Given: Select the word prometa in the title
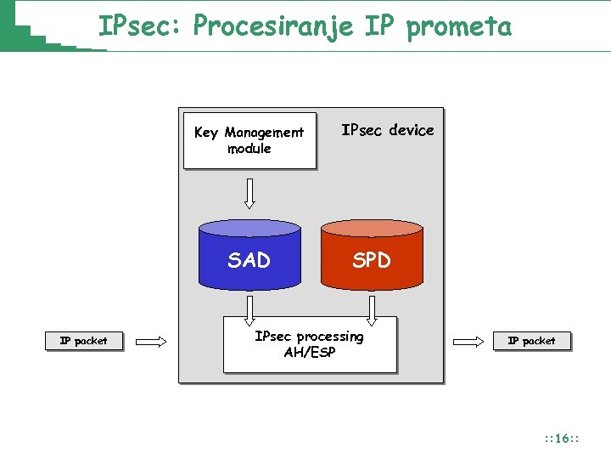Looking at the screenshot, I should [459, 26].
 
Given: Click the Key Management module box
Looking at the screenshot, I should [249, 140].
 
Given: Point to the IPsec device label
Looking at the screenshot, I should [387, 130].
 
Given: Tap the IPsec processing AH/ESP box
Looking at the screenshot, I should [310, 344].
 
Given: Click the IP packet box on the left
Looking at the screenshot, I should [83, 342].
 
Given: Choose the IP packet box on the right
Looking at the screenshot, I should [531, 341].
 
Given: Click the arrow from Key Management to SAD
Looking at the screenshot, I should [249, 193].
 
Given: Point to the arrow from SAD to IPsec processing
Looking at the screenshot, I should [249, 310].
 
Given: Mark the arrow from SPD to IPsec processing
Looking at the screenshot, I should [372, 310].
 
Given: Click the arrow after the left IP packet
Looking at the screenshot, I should [152, 342].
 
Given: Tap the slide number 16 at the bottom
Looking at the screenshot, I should [561, 439].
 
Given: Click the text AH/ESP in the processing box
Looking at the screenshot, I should [310, 352].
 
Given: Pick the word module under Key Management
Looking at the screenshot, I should [249, 149].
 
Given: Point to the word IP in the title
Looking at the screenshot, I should [379, 26].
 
